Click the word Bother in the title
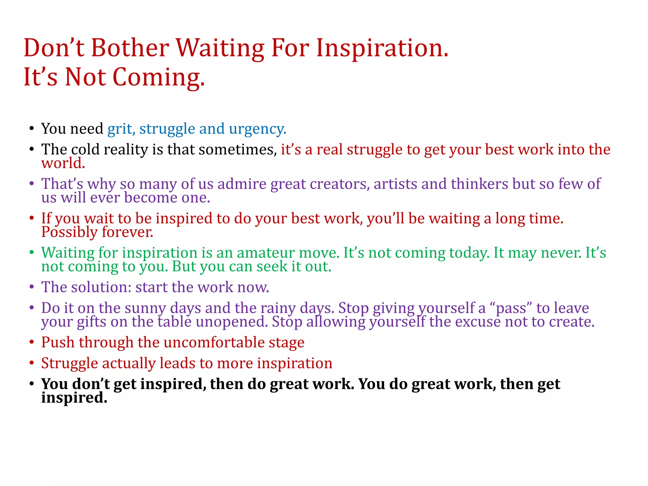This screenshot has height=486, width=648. click(x=130, y=48)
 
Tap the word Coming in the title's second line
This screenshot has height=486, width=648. click(x=159, y=77)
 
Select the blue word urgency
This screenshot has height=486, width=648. click(x=258, y=129)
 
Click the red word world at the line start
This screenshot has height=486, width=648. click(x=63, y=163)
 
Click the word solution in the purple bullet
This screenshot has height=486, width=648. click(x=101, y=287)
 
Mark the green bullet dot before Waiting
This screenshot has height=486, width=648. click(x=31, y=253)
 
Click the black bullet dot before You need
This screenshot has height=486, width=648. click(x=31, y=129)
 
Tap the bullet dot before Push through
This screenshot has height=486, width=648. click(x=31, y=343)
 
